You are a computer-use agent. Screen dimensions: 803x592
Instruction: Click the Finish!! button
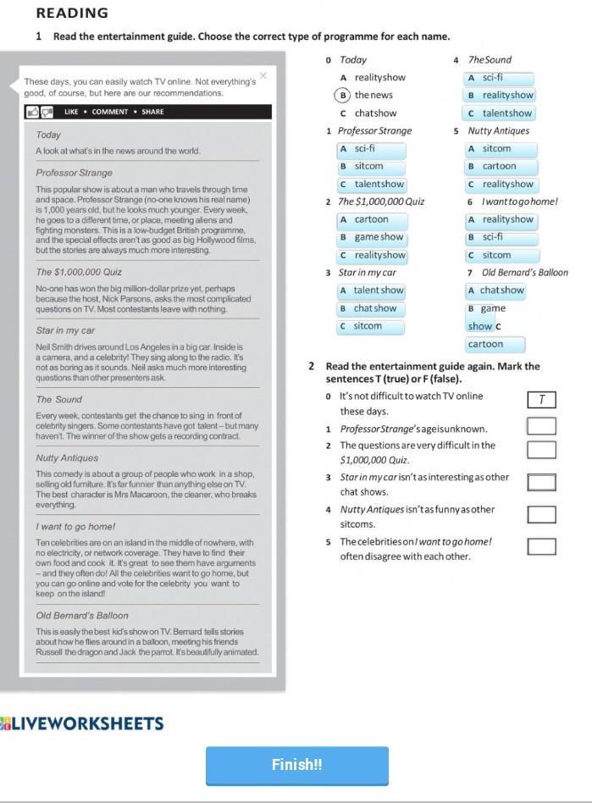(296, 765)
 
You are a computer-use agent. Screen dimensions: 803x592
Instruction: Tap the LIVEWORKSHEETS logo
(82, 723)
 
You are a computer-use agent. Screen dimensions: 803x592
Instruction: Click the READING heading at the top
(72, 13)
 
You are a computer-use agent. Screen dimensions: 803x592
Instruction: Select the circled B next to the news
(341, 95)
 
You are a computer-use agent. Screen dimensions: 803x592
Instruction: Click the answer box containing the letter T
(541, 400)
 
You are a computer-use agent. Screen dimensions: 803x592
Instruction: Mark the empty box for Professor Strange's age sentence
(541, 426)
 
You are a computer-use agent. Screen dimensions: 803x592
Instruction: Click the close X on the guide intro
(263, 75)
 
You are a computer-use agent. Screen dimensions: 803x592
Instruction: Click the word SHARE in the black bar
(152, 112)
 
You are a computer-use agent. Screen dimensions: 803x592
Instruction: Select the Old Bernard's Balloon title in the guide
(82, 616)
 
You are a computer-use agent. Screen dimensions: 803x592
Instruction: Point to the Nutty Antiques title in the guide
(67, 458)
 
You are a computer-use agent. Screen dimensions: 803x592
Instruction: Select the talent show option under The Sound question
(500, 114)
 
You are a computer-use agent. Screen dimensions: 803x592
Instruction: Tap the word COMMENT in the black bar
(110, 112)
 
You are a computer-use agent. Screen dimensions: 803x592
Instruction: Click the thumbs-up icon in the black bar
(32, 112)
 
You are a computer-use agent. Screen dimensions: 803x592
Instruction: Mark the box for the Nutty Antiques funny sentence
(541, 514)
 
